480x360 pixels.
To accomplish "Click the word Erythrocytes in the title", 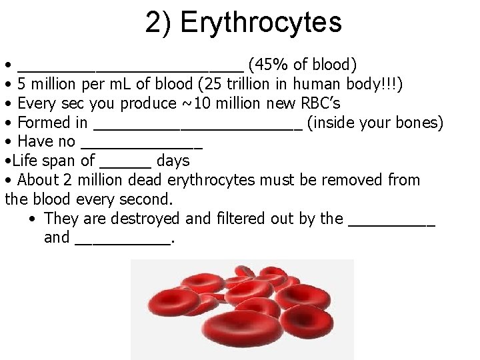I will [x=261, y=23].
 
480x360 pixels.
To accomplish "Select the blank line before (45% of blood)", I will [x=131, y=67].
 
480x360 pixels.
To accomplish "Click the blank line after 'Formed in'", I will [x=198, y=125].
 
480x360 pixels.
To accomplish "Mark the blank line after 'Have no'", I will [x=141, y=145].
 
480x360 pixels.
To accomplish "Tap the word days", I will [x=173, y=161].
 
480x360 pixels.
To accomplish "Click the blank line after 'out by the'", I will [x=391, y=222].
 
